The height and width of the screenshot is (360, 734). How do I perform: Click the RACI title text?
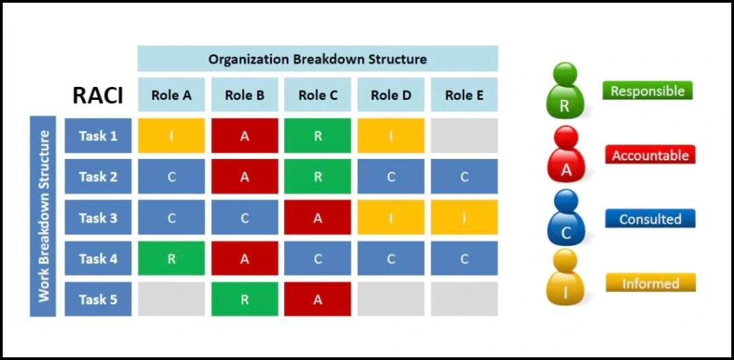[98, 96]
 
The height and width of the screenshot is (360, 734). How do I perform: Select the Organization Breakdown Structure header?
[317, 59]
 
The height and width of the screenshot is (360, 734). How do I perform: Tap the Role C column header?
[317, 95]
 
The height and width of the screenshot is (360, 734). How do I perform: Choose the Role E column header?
[464, 95]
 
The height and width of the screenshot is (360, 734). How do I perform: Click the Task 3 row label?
[98, 217]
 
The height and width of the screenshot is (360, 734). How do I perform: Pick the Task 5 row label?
[98, 299]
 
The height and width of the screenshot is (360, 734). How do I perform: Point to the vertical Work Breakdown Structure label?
[43, 216]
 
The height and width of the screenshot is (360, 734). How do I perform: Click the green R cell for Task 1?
[317, 136]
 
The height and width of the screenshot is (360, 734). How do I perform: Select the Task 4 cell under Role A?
[171, 258]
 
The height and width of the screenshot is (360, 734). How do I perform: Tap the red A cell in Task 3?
[317, 217]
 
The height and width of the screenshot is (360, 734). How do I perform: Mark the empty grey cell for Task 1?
[464, 136]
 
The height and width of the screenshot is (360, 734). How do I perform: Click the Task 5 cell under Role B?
[245, 299]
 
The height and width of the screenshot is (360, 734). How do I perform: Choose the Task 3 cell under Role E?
[464, 217]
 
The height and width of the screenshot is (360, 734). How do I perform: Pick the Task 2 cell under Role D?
[391, 177]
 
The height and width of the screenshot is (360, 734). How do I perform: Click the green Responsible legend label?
[648, 90]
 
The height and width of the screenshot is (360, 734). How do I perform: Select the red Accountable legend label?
[650, 154]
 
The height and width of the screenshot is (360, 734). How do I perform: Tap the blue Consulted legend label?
[650, 219]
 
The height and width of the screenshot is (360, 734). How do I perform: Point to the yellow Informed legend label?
[650, 283]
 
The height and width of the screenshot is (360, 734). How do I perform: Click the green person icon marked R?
[565, 91]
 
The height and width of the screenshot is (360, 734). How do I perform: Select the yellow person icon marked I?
[565, 277]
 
